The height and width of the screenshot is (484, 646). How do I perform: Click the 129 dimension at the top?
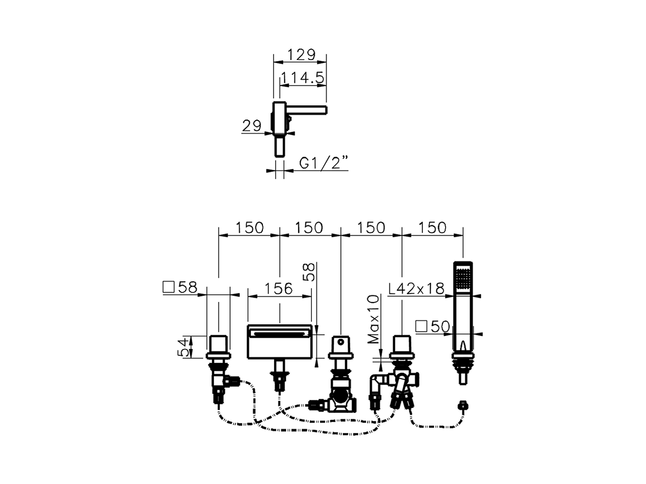coord(301,54)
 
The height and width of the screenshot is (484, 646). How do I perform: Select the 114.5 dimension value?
coord(302,78)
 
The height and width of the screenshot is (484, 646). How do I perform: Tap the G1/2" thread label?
coord(324,162)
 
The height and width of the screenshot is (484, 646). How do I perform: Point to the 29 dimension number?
coord(252,126)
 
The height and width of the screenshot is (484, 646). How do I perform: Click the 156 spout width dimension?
coord(279,288)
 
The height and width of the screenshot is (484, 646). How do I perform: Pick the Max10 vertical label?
coord(374,320)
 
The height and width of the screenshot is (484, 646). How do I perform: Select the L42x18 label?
coord(416,288)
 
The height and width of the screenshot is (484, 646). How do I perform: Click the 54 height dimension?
coord(183,347)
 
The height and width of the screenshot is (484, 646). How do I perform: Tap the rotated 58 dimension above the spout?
coord(310,272)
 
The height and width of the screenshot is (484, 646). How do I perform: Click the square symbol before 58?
coord(169,287)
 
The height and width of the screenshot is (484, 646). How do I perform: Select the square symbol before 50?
coord(421,327)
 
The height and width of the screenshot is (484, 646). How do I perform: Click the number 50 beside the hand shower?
coord(440,327)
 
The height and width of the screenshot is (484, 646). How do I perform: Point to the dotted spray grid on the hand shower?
coord(463,277)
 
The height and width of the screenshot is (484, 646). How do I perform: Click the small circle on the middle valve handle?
coord(341,342)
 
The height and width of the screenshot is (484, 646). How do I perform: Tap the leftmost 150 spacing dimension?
coord(249,228)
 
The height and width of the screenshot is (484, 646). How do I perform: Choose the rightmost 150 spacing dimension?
coord(433,228)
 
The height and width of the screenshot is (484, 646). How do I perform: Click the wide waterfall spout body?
coord(279,342)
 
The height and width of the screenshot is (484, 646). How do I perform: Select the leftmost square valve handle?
coord(218,345)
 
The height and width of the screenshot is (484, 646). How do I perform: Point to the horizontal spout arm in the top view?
coord(306,109)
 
